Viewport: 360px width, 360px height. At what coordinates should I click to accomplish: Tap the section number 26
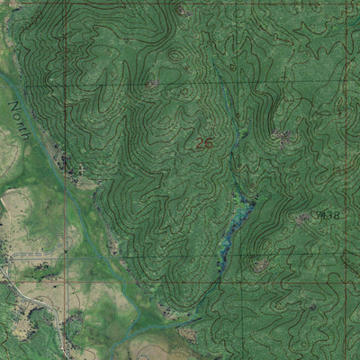click(x=204, y=142)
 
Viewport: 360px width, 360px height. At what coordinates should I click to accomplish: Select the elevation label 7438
click(x=329, y=215)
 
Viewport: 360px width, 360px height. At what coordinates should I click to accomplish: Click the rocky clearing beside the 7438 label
click(x=304, y=219)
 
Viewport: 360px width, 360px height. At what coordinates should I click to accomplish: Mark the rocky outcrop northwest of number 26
click(x=151, y=84)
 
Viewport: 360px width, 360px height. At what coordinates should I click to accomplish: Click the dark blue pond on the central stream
click(x=238, y=216)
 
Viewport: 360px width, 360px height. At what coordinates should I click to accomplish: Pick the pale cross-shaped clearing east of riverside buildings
click(x=84, y=169)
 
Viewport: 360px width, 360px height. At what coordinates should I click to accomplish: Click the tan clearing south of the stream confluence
click(x=187, y=334)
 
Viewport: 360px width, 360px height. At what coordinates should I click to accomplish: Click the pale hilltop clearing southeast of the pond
click(x=261, y=265)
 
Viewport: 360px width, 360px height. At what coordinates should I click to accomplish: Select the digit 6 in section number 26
click(x=209, y=142)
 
